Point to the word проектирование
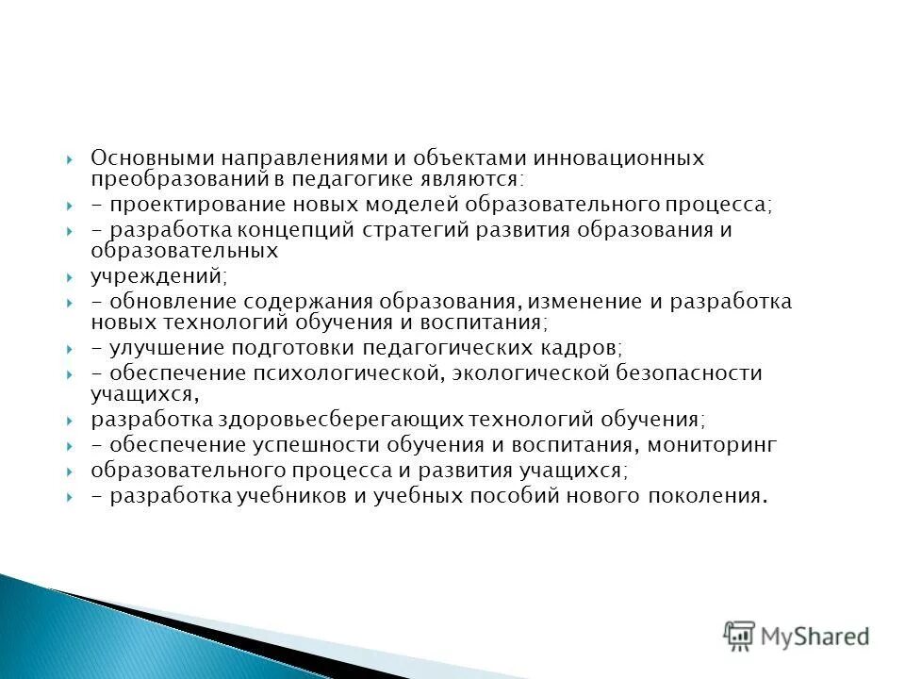(181, 205)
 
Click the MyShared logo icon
(740, 637)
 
